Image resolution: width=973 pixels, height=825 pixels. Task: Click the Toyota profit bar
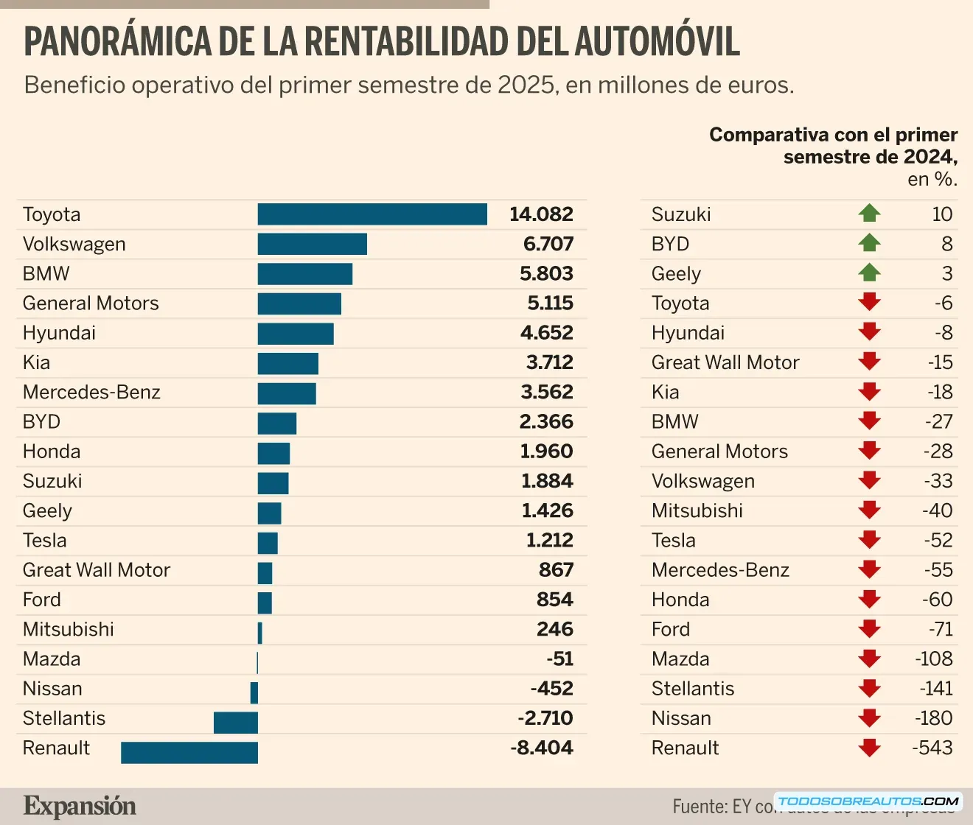(x=372, y=214)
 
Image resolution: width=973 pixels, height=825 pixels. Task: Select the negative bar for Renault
(x=189, y=752)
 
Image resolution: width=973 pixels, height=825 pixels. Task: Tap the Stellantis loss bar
(x=236, y=723)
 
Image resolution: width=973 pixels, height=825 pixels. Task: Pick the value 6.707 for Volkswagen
(x=548, y=244)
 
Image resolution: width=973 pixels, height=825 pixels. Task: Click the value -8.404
(x=542, y=748)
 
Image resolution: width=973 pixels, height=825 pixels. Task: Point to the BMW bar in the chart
(x=305, y=274)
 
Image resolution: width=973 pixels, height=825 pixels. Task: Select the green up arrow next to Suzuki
(x=870, y=214)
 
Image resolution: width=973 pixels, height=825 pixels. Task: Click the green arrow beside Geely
(x=870, y=273)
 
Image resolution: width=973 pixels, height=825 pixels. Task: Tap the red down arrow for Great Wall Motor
(x=870, y=362)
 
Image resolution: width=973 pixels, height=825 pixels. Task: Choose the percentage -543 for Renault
(x=932, y=748)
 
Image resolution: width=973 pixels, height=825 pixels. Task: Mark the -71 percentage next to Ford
(x=941, y=629)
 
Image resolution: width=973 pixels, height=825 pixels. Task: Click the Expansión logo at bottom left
(x=80, y=806)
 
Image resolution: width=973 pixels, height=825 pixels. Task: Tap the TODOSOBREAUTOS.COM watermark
(x=868, y=801)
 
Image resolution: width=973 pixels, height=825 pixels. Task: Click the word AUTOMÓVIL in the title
(x=657, y=41)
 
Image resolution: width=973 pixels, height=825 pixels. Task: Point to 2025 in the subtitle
(x=526, y=85)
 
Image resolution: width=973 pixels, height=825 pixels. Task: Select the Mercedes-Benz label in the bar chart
(x=91, y=392)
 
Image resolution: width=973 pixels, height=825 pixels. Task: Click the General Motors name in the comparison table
(x=719, y=451)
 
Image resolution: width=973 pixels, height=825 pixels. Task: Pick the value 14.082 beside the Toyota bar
(x=541, y=214)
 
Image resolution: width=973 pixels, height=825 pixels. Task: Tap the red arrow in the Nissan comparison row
(x=870, y=717)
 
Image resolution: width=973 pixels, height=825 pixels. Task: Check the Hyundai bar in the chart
(x=296, y=333)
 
